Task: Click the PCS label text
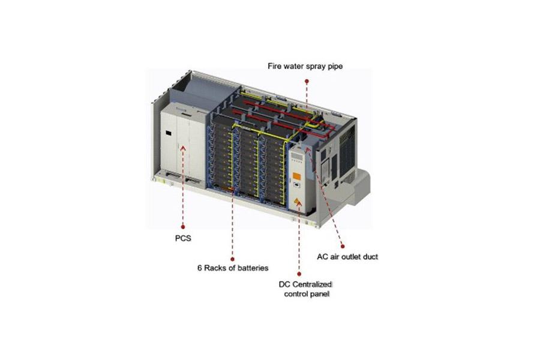183,238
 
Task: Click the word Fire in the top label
274,66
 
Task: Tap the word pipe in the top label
335,67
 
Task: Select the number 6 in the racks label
200,268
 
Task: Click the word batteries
253,268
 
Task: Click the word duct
370,257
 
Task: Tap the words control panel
307,294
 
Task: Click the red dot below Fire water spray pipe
307,82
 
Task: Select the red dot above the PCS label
183,227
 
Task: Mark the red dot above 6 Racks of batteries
232,259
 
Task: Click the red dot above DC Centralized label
299,274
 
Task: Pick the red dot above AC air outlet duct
343,246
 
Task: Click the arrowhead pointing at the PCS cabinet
183,148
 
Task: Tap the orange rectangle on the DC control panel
296,176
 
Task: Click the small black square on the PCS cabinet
169,132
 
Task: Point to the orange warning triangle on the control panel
296,201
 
